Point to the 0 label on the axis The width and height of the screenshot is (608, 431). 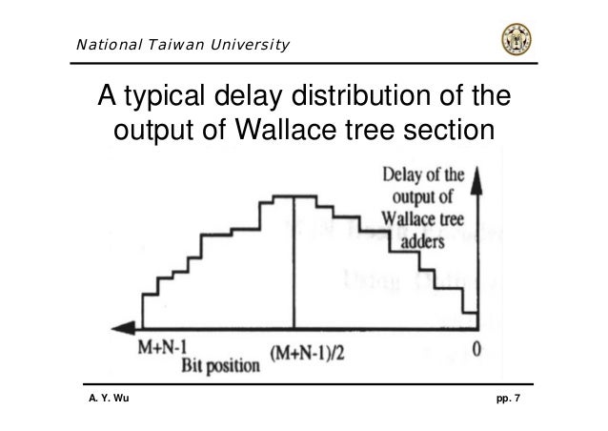tap(476, 349)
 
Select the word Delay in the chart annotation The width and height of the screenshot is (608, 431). tap(399, 175)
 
